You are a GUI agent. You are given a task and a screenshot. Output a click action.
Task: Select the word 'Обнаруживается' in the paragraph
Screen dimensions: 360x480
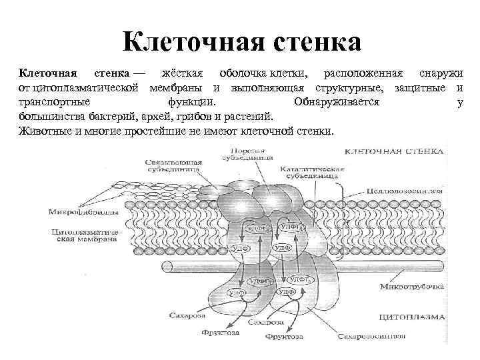pyautogui.click(x=336, y=103)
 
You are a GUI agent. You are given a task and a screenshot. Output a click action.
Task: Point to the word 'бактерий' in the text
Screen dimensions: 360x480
pyautogui.click(x=98, y=117)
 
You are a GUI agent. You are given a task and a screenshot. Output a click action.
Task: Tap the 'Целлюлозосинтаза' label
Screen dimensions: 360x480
pyautogui.click(x=404, y=190)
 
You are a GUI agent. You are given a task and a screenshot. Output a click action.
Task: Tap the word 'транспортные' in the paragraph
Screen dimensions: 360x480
pyautogui.click(x=48, y=103)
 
